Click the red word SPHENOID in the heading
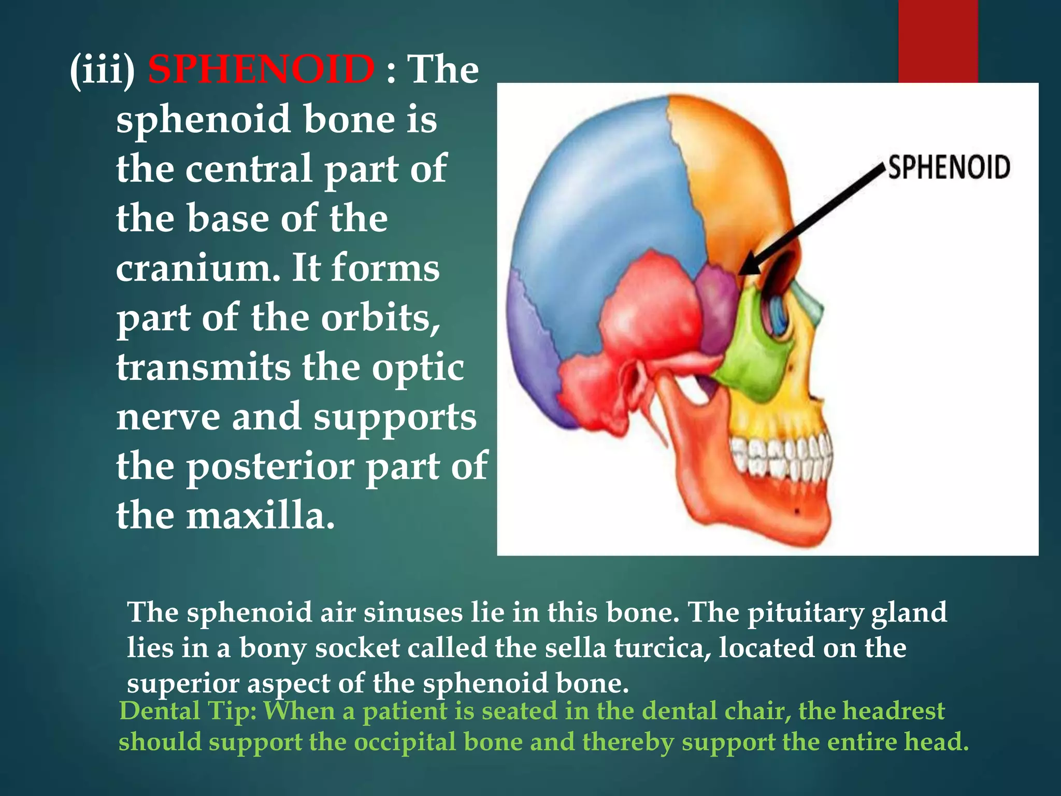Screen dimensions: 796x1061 [x=261, y=69]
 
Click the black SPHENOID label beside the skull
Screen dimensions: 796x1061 [x=949, y=168]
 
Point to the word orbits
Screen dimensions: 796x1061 [x=380, y=318]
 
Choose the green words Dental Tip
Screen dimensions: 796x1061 [x=189, y=711]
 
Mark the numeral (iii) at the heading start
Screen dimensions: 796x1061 [x=103, y=69]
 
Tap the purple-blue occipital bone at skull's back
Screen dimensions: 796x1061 [x=534, y=352]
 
